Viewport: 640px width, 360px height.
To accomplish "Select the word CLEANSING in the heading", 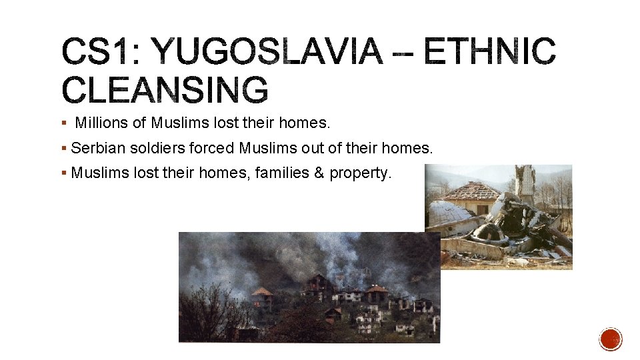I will (165, 90).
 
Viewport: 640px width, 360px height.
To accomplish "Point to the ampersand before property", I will (319, 173).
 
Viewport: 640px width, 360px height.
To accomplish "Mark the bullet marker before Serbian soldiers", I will (63, 149).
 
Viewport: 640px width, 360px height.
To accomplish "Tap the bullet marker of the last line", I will (63, 173).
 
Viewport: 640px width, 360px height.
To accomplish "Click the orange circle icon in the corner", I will (611, 339).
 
